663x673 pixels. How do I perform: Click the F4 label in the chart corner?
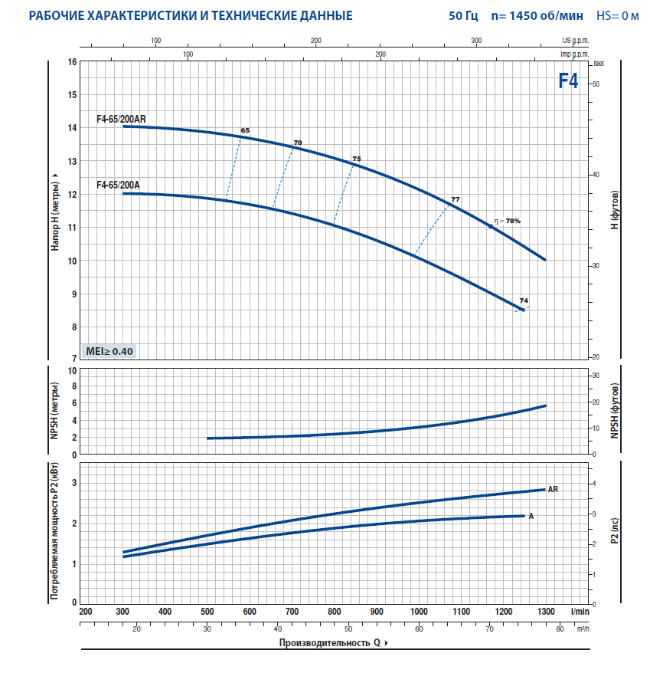pyautogui.click(x=567, y=81)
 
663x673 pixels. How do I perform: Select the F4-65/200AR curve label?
pyautogui.click(x=121, y=119)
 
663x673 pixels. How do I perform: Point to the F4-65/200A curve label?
pyautogui.click(x=118, y=185)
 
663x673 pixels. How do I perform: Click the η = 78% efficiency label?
pyautogui.click(x=507, y=221)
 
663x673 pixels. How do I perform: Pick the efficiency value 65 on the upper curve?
pyautogui.click(x=245, y=131)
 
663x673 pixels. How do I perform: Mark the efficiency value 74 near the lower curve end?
pyautogui.click(x=524, y=300)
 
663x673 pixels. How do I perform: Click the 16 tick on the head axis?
pyautogui.click(x=72, y=61)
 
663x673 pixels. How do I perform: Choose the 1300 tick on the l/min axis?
pyautogui.click(x=546, y=612)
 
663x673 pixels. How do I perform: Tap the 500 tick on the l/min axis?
pyautogui.click(x=207, y=612)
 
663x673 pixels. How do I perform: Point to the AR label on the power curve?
pyautogui.click(x=554, y=488)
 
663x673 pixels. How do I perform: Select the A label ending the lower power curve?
pyautogui.click(x=531, y=516)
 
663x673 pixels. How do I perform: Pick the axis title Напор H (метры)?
pyautogui.click(x=55, y=211)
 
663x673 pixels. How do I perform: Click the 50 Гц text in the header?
pyautogui.click(x=463, y=15)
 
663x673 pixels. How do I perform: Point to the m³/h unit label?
pyautogui.click(x=582, y=629)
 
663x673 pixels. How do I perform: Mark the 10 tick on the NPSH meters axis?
pyautogui.click(x=73, y=370)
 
